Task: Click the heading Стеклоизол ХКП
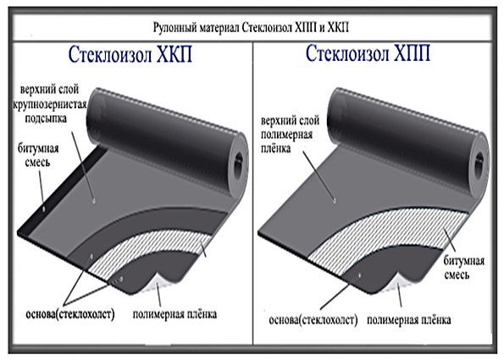point(130,54)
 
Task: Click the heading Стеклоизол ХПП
point(368,53)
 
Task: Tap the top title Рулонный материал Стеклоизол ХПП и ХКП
point(251,28)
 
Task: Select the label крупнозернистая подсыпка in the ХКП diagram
point(49,112)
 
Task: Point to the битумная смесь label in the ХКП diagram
point(38,155)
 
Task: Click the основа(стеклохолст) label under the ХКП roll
point(70,314)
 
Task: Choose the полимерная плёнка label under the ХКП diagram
point(174,314)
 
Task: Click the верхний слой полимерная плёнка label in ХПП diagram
point(291,134)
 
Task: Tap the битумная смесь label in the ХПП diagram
point(464,268)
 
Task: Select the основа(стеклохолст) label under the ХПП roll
point(313,320)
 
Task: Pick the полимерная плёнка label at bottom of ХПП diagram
point(409,320)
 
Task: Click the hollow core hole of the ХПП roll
point(479,163)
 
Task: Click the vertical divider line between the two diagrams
point(253,193)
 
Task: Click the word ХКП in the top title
point(338,28)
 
